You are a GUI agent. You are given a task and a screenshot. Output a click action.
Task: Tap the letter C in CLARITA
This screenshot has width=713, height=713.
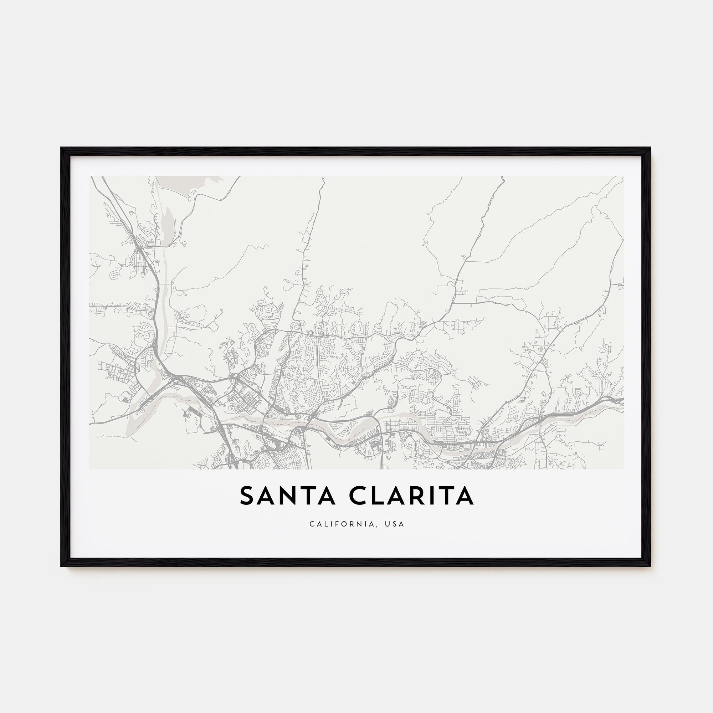pos(357,496)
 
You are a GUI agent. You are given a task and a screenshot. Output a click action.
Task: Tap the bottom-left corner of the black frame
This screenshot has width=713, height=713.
pos(62,566)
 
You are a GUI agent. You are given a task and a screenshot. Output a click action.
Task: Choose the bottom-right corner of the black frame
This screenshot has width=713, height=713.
pos(651,566)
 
